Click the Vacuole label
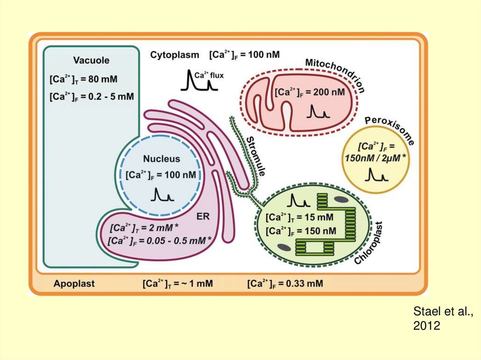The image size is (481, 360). pyautogui.click(x=91, y=60)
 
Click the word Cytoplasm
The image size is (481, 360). pyautogui.click(x=175, y=55)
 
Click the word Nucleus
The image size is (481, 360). pyautogui.click(x=162, y=159)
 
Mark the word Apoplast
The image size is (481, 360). pyautogui.click(x=74, y=283)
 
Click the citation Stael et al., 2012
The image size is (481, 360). pyautogui.click(x=442, y=318)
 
